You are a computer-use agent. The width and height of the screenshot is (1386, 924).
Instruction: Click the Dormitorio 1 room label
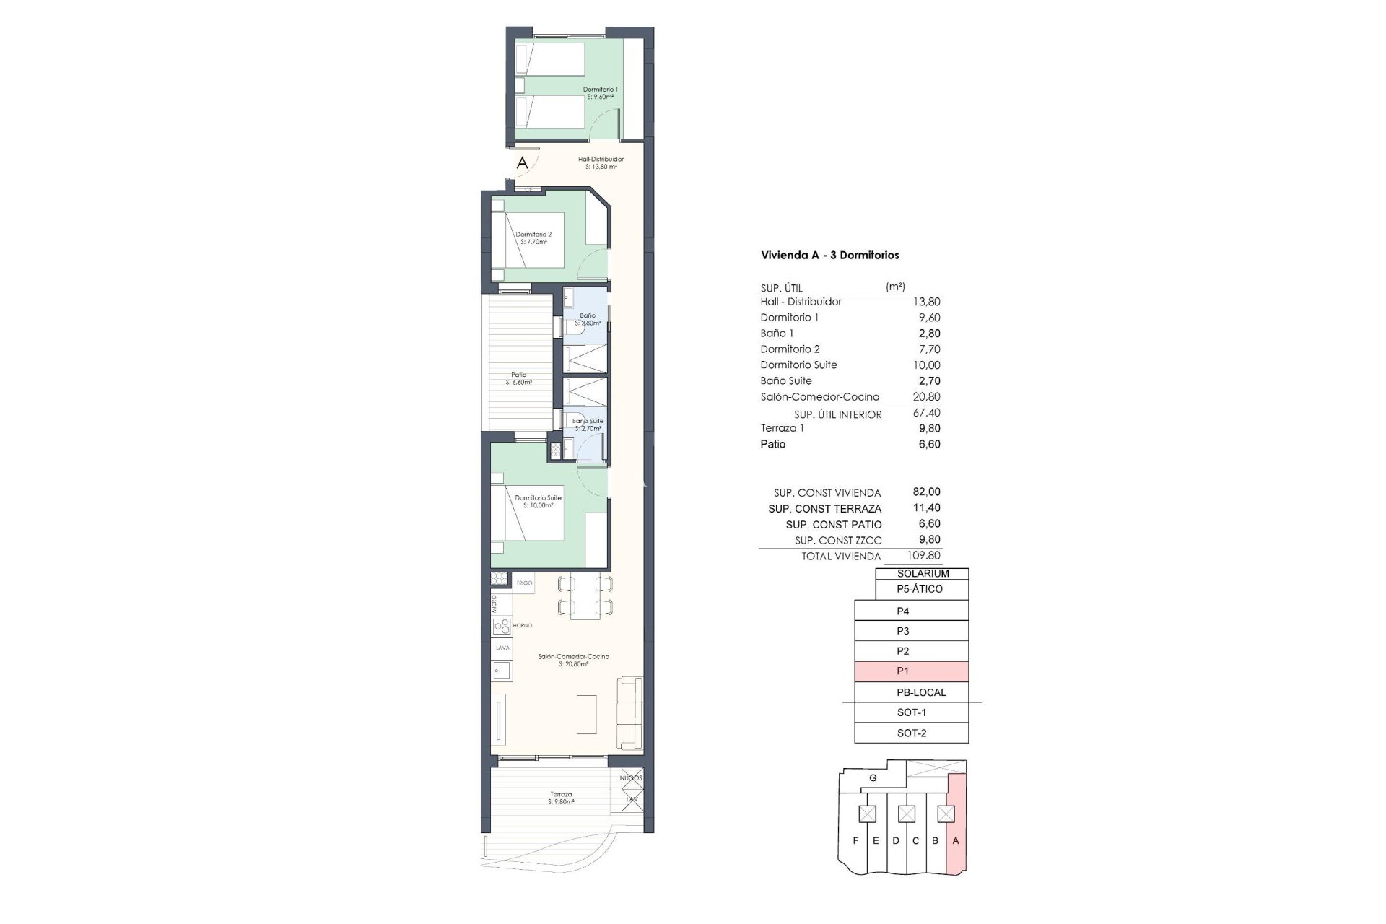click(x=600, y=92)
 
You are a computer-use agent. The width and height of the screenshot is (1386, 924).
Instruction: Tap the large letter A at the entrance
click(x=522, y=163)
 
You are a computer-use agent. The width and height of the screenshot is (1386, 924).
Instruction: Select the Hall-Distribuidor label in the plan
click(x=601, y=162)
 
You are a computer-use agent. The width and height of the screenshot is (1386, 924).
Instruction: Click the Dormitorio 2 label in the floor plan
click(x=533, y=237)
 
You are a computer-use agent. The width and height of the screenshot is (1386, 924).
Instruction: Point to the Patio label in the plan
click(x=519, y=378)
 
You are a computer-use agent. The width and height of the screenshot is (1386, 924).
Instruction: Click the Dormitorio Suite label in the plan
click(x=538, y=501)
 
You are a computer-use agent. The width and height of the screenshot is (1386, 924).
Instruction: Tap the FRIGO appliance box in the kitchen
click(x=524, y=583)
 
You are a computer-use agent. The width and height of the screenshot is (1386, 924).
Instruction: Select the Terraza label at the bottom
click(x=560, y=798)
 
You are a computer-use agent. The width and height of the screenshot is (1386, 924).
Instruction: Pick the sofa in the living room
click(x=629, y=712)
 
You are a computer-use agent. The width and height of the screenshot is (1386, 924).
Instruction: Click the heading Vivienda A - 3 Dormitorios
click(x=829, y=255)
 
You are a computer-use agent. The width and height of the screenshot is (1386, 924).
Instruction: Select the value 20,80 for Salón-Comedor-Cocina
click(x=926, y=396)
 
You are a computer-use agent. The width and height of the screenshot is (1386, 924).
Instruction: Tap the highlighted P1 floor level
click(x=911, y=671)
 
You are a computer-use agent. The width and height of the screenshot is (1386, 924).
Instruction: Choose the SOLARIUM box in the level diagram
click(x=922, y=573)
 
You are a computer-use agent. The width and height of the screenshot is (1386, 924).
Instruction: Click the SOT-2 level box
click(x=911, y=733)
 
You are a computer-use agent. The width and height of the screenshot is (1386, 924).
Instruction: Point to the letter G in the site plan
click(x=873, y=778)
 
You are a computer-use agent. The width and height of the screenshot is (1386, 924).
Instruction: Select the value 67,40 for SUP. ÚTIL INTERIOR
click(x=926, y=413)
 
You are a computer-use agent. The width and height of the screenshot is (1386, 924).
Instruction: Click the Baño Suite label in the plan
click(x=588, y=424)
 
